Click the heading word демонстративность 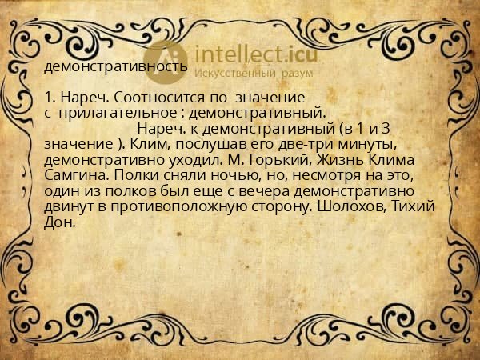pyautogui.click(x=116, y=67)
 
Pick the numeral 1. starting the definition pyautogui.click(x=50, y=98)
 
